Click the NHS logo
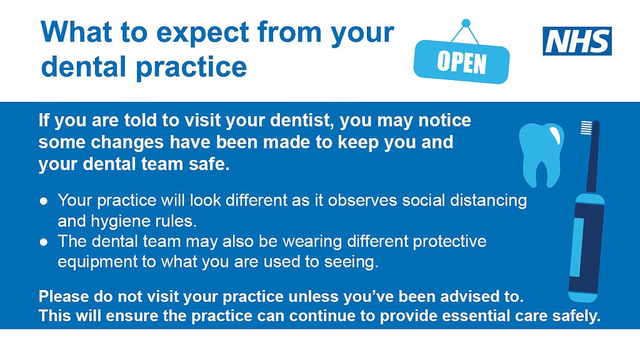[577, 41]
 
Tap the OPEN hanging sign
[462, 62]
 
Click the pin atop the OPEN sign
[466, 23]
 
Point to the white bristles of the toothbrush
[586, 127]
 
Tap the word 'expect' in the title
[202, 33]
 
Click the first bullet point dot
[44, 201]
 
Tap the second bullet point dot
[44, 242]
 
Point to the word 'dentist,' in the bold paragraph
[302, 121]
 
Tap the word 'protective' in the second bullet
[449, 241]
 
